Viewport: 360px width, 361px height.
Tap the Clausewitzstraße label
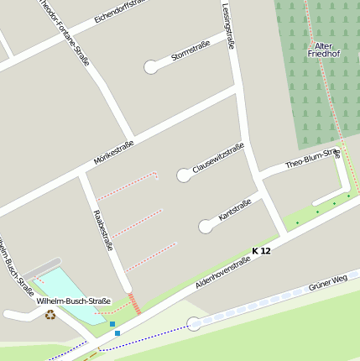(x=218, y=158)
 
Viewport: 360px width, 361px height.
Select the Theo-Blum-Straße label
(x=312, y=159)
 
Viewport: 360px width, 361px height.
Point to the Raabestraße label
(x=102, y=230)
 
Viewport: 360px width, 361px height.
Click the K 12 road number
(x=261, y=251)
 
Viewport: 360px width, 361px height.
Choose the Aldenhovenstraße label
(x=222, y=274)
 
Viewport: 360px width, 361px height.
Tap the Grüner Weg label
(x=328, y=281)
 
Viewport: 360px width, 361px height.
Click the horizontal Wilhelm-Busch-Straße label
(x=73, y=301)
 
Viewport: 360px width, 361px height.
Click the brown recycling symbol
(x=50, y=315)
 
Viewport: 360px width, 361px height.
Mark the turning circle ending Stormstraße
(x=151, y=66)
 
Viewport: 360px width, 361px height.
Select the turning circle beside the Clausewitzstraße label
(x=183, y=175)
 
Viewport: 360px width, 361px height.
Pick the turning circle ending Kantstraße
(x=205, y=227)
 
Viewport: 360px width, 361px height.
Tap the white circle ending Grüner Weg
(x=194, y=323)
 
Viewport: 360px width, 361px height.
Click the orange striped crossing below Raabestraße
(x=133, y=302)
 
